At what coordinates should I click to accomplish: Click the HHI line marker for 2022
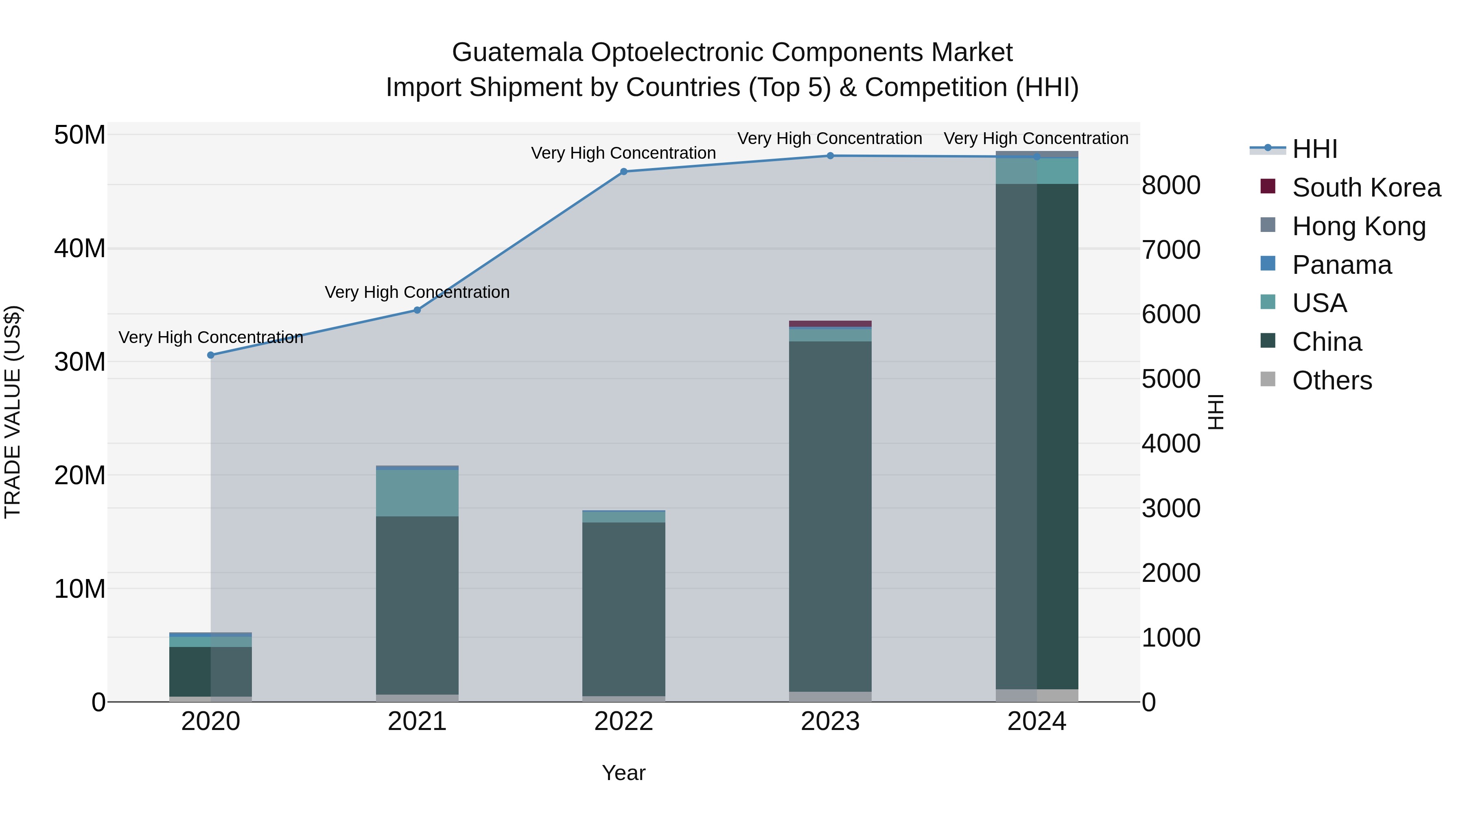pyautogui.click(x=623, y=172)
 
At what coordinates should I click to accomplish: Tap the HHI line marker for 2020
pyautogui.click(x=210, y=355)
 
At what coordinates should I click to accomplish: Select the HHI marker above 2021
pyautogui.click(x=417, y=310)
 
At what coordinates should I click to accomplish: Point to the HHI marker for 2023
pyautogui.click(x=830, y=156)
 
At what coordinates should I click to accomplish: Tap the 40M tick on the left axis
pyautogui.click(x=80, y=249)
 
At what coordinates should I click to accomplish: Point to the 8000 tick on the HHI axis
pyautogui.click(x=1171, y=186)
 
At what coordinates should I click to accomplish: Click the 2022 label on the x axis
pyautogui.click(x=623, y=721)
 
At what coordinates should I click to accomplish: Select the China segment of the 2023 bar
pyautogui.click(x=830, y=512)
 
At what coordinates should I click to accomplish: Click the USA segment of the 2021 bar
pyautogui.click(x=417, y=492)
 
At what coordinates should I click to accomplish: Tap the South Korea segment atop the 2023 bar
pyautogui.click(x=830, y=323)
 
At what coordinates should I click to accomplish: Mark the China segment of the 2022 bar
pyautogui.click(x=623, y=608)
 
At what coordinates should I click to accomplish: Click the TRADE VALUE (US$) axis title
pyautogui.click(x=13, y=412)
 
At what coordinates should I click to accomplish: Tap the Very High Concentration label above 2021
pyautogui.click(x=417, y=292)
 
